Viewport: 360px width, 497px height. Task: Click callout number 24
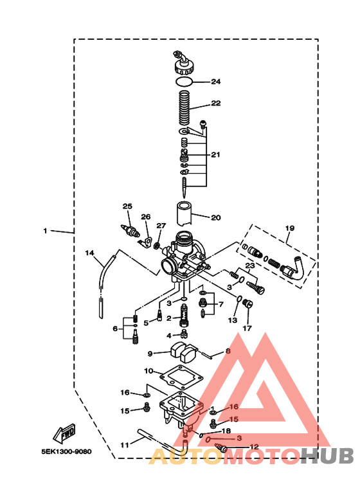click(216, 82)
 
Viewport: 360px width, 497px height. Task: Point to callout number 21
click(215, 155)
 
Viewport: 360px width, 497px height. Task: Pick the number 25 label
click(127, 206)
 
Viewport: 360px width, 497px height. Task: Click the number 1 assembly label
click(45, 230)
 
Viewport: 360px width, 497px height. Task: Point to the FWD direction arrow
click(66, 435)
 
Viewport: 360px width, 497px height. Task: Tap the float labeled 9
click(183, 352)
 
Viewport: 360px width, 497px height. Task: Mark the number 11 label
click(125, 444)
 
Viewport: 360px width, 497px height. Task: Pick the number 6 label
click(115, 329)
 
